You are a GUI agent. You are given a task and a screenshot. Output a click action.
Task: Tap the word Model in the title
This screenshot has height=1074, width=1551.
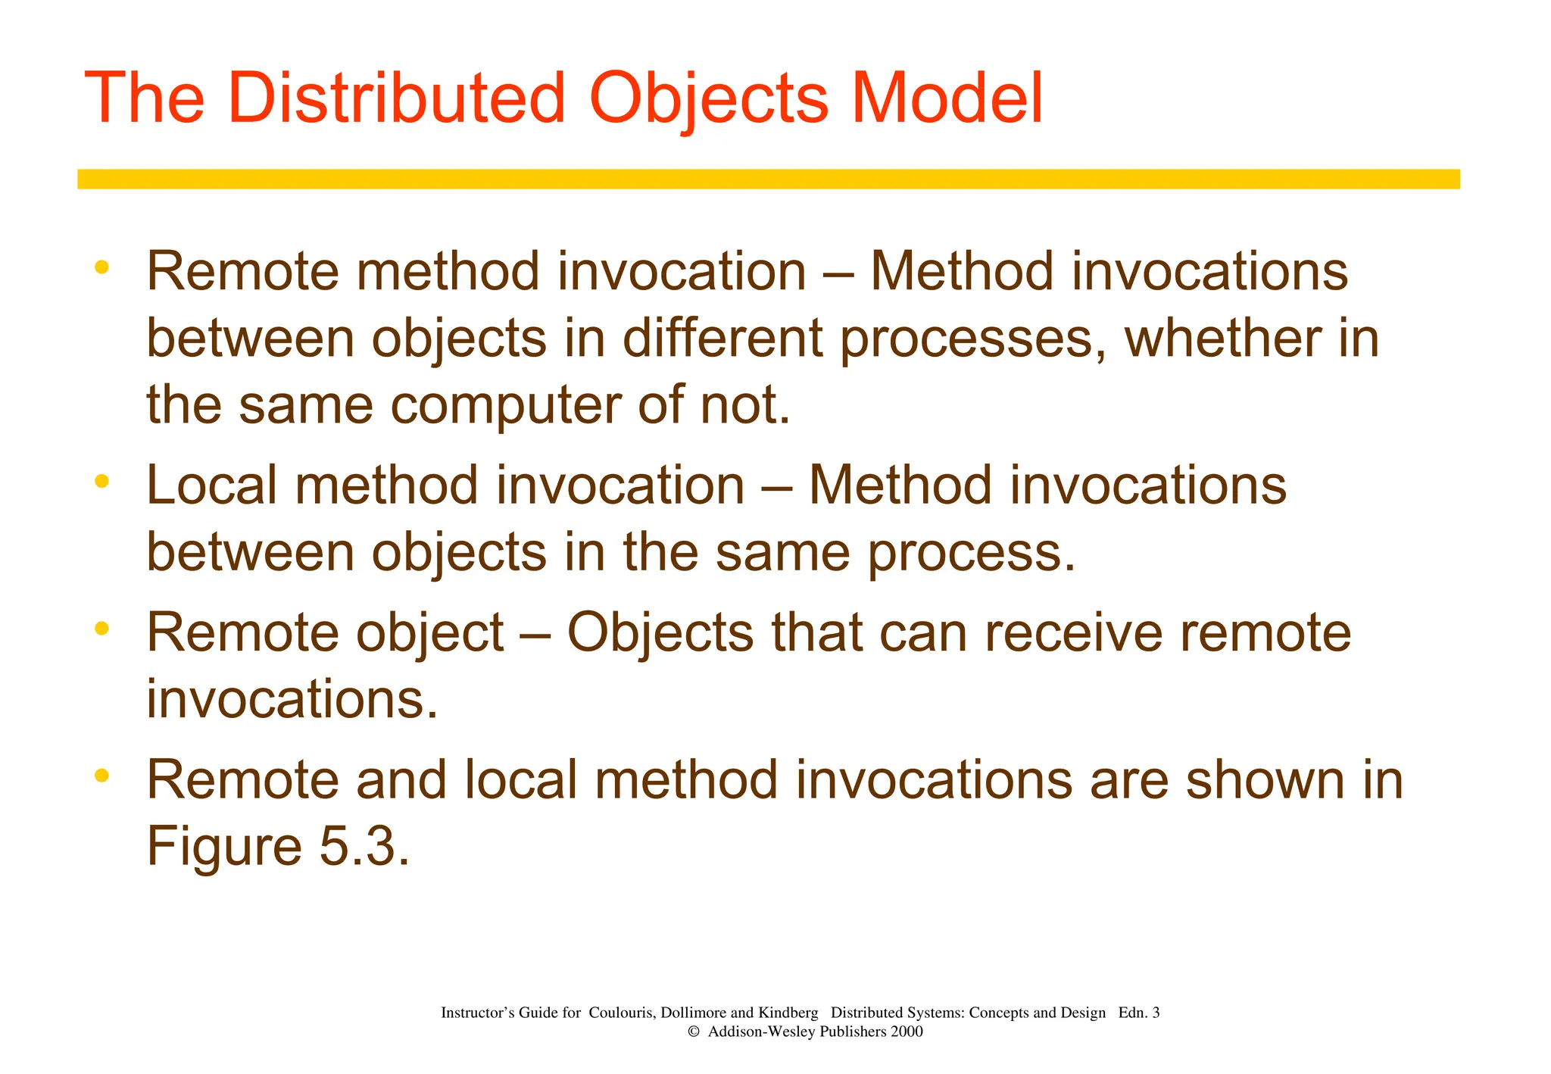pos(947,98)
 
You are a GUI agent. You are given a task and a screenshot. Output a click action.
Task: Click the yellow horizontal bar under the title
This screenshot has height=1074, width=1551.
pos(768,179)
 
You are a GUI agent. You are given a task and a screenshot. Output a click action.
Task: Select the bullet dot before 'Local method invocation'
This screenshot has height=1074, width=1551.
pos(102,481)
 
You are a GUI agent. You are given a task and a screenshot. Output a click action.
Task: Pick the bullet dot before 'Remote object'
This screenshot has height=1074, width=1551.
pos(102,628)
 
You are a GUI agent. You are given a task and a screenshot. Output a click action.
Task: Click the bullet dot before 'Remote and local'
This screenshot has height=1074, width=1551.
pos(102,775)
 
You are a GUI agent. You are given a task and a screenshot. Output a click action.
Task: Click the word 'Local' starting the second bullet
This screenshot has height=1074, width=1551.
pos(211,485)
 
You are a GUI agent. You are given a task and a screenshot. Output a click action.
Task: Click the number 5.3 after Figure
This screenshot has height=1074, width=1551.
pos(364,847)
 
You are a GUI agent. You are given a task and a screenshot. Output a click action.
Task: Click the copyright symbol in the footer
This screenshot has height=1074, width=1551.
pos(693,1032)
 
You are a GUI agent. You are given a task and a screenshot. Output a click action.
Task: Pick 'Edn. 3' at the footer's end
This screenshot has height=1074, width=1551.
pos(1138,1013)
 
